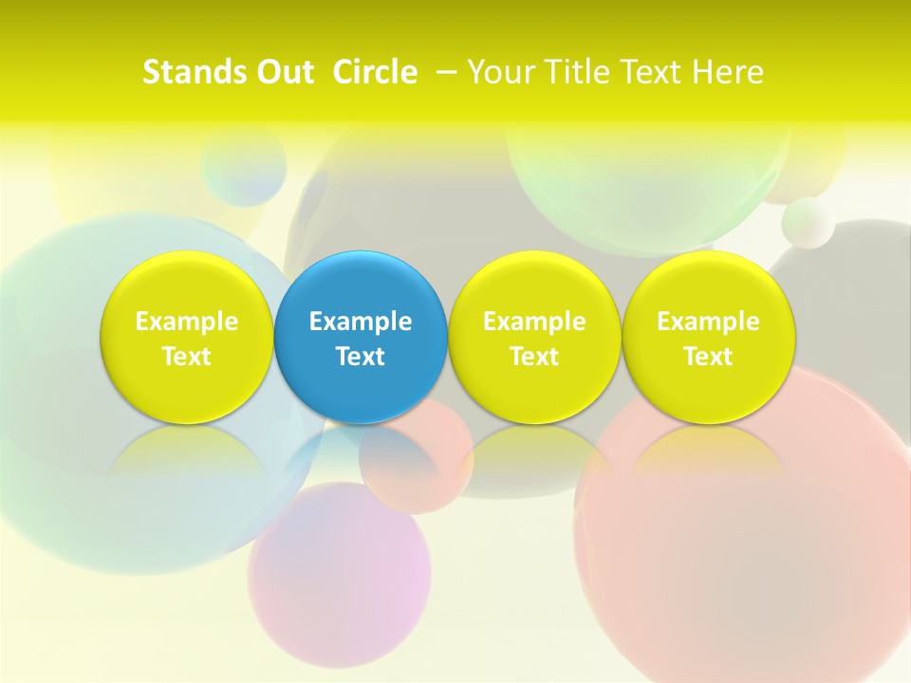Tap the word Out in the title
tap(282, 72)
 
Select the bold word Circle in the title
tap(375, 72)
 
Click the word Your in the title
tap(499, 72)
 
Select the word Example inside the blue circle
tap(361, 322)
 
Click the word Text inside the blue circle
tap(361, 357)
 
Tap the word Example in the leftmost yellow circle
tap(186, 322)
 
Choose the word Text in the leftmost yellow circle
tap(186, 357)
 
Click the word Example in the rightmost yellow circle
tap(708, 322)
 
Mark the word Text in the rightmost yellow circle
tap(708, 357)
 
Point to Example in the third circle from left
tap(534, 322)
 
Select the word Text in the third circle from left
tap(534, 357)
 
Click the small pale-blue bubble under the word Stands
tap(244, 165)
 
